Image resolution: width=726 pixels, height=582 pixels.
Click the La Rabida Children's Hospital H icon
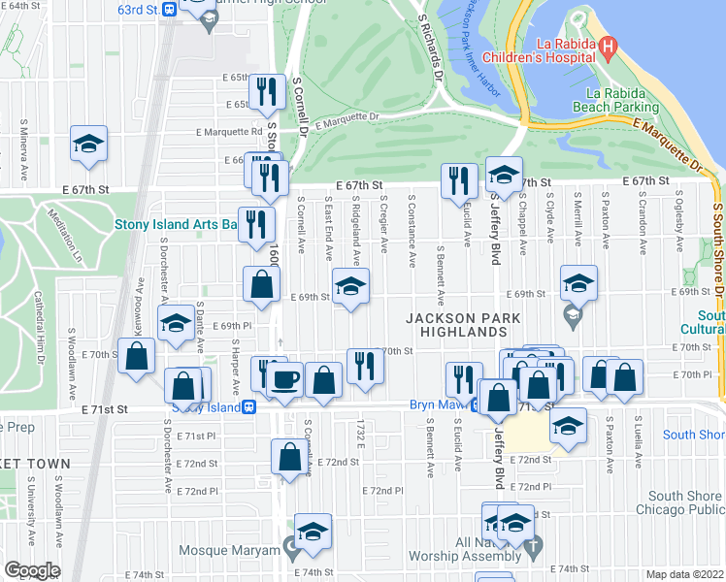609,45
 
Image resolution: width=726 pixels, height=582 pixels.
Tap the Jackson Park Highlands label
464,325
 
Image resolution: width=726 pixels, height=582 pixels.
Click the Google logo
32,570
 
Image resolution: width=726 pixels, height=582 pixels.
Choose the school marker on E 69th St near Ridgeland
351,285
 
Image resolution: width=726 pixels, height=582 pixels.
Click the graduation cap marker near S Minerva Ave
88,145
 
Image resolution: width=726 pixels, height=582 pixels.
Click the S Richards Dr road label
430,47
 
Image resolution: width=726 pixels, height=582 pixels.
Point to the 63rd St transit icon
169,10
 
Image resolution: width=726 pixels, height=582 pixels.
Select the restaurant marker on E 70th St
365,365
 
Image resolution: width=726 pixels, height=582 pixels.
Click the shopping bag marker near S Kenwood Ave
137,355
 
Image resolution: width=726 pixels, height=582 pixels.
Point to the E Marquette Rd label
229,132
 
